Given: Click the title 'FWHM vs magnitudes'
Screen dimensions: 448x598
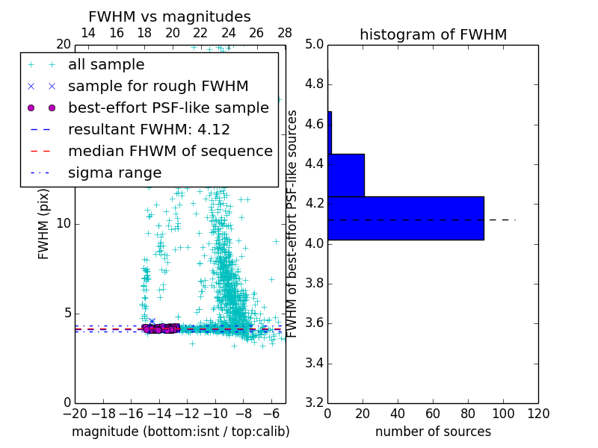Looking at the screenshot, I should [170, 16].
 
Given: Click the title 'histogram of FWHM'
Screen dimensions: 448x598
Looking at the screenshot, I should [433, 34].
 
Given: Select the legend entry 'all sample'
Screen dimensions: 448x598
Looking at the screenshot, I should [106, 65].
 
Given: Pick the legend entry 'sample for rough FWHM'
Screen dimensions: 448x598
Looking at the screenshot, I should [158, 86].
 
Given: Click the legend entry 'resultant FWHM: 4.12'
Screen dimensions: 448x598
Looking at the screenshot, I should [149, 129].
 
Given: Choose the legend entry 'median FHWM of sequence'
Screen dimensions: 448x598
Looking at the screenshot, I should [170, 151].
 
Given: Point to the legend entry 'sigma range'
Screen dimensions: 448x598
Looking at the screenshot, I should [114, 172].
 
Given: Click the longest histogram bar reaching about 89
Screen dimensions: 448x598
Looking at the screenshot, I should [406, 218].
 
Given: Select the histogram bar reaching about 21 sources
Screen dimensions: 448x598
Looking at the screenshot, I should [346, 175].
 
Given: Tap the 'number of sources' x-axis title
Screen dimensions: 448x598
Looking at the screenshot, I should [433, 432].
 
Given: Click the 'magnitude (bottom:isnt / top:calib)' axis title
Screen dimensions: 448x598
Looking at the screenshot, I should [180, 432].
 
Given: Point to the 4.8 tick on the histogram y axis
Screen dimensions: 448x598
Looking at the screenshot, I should [317, 84].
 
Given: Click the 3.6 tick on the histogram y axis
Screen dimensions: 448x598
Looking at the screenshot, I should [317, 323].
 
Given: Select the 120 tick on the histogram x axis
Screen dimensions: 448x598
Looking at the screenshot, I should [537, 413].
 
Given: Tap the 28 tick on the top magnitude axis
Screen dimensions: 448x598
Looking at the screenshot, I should [285, 33].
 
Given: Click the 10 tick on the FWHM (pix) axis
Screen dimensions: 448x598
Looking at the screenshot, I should [64, 223].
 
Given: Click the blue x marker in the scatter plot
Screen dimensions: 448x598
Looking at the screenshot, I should [152, 321].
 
